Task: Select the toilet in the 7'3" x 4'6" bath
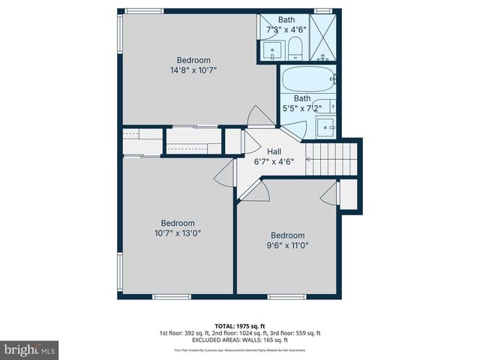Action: (x=294, y=48)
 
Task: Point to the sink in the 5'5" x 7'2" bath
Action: (x=325, y=127)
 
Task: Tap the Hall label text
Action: (x=274, y=151)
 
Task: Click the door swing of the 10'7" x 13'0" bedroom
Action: (x=223, y=176)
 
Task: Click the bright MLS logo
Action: (x=30, y=349)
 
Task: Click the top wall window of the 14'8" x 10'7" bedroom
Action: (x=145, y=11)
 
